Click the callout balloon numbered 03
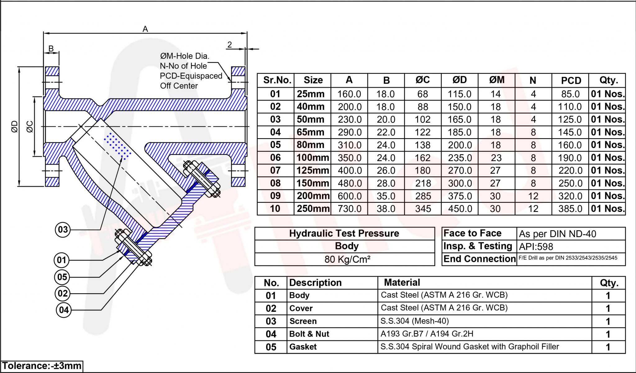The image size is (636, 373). tap(63, 230)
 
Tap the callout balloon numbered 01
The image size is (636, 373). tap(61, 260)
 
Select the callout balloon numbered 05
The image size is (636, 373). tap(62, 277)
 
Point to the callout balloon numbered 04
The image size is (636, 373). tap(64, 310)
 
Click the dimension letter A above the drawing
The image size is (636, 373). tap(145, 29)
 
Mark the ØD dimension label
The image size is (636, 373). tap(14, 126)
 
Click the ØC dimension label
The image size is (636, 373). tap(30, 127)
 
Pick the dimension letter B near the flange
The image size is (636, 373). tap(51, 48)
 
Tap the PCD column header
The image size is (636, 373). tap(571, 80)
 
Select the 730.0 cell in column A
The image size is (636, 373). tap(349, 209)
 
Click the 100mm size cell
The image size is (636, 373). tap(312, 158)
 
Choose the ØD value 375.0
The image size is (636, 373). tap(460, 196)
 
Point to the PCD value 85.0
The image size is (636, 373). tap(570, 94)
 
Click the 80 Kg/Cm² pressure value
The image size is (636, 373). tap(347, 259)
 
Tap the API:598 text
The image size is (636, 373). tap(536, 247)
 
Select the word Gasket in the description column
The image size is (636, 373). tap(303, 347)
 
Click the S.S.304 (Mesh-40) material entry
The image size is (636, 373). tap(415, 321)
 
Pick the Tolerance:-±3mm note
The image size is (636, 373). tap(42, 366)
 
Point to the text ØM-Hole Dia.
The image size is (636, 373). tap(184, 56)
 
